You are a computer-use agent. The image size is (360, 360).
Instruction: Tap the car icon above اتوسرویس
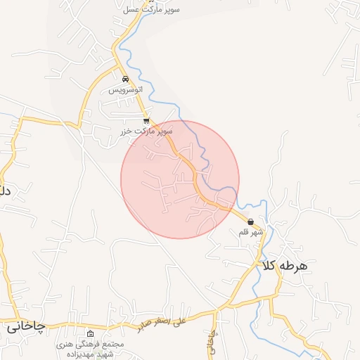point(125,79)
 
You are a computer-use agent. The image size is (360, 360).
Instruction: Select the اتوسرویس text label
point(126,91)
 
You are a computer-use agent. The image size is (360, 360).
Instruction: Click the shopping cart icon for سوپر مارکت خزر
point(146,120)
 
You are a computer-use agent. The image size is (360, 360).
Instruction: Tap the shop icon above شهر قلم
point(251,221)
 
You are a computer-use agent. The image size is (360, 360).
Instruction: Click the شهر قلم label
point(251,232)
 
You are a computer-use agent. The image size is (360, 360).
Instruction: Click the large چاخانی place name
point(26,327)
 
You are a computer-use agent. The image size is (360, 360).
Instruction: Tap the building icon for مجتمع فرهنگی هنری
point(90,333)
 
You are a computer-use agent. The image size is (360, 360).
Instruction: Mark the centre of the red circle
point(180,179)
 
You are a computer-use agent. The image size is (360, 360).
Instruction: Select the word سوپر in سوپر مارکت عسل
point(169,9)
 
